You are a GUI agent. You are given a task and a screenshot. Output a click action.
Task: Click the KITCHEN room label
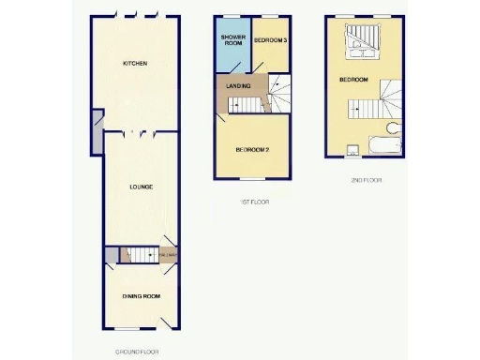click(137, 64)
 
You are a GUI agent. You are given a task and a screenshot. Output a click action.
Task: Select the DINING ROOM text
click(141, 296)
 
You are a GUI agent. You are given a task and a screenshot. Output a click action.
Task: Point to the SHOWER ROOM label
click(232, 40)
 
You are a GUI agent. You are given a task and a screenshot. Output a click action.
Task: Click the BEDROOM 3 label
click(270, 41)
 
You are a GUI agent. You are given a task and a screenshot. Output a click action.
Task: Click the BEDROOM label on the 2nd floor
click(353, 80)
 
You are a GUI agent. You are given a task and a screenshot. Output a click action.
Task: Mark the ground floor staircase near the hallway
click(140, 255)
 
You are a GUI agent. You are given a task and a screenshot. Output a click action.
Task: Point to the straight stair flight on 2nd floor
click(361, 109)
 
